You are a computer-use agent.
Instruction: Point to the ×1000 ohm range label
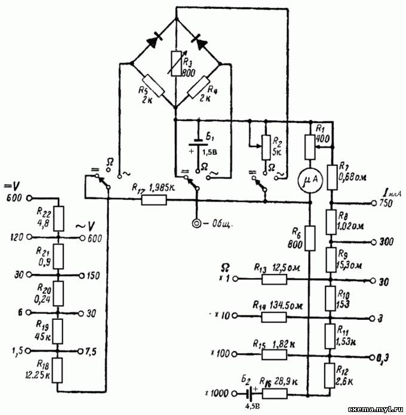(x=214, y=394)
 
